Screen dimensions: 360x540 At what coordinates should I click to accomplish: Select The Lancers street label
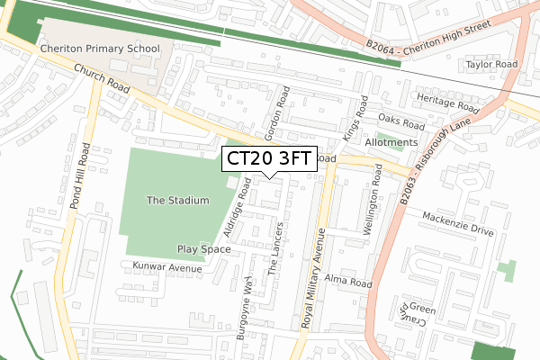[x=278, y=247]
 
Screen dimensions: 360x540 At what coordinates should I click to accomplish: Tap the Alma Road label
[x=348, y=282]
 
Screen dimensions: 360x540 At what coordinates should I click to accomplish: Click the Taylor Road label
[x=491, y=65]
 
